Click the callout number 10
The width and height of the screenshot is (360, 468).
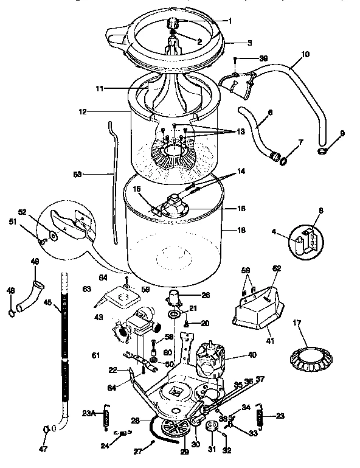click(305, 54)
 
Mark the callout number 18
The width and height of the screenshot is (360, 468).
click(241, 231)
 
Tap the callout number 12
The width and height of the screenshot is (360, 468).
click(81, 112)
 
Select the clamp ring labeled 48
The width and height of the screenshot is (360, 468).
click(12, 314)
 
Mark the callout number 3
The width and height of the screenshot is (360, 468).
click(249, 43)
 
